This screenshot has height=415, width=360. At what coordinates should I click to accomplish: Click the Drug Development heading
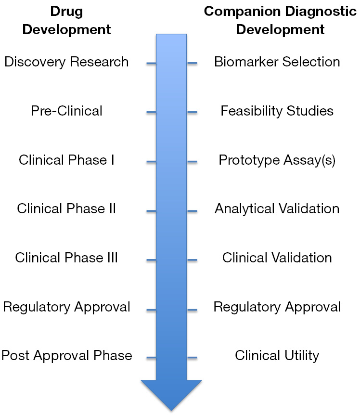[x=66, y=20]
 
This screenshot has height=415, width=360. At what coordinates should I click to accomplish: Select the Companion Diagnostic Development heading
[x=280, y=20]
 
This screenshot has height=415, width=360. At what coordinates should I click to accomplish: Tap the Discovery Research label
[x=66, y=62]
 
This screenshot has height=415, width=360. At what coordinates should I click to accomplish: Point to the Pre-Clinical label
[x=66, y=111]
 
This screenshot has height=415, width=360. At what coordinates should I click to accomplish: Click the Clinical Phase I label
[x=66, y=160]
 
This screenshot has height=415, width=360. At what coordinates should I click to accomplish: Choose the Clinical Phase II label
[x=66, y=208]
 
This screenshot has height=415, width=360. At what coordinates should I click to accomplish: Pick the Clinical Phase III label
[x=66, y=258]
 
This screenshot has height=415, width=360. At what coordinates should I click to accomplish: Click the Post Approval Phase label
[x=66, y=355]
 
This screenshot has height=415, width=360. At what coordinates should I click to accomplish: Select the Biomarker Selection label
[x=277, y=62]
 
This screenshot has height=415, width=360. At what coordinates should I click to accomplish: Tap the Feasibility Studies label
[x=277, y=111]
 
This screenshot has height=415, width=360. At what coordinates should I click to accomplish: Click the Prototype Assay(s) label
[x=277, y=160]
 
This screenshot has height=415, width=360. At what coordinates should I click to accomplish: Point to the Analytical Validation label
[x=277, y=209]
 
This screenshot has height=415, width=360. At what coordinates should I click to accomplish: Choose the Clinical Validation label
[x=277, y=258]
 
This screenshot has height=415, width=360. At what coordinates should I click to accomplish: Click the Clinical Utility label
[x=277, y=355]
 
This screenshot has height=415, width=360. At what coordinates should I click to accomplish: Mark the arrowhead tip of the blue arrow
[x=171, y=411]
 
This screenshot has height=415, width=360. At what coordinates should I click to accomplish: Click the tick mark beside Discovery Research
[x=151, y=63]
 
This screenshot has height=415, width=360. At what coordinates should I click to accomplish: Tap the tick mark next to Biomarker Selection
[x=193, y=63]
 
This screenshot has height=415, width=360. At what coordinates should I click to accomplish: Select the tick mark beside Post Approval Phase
[x=151, y=358]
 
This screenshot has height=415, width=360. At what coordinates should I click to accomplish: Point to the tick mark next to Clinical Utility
[x=193, y=358]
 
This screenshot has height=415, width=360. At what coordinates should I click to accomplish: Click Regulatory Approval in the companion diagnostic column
[x=277, y=307]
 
